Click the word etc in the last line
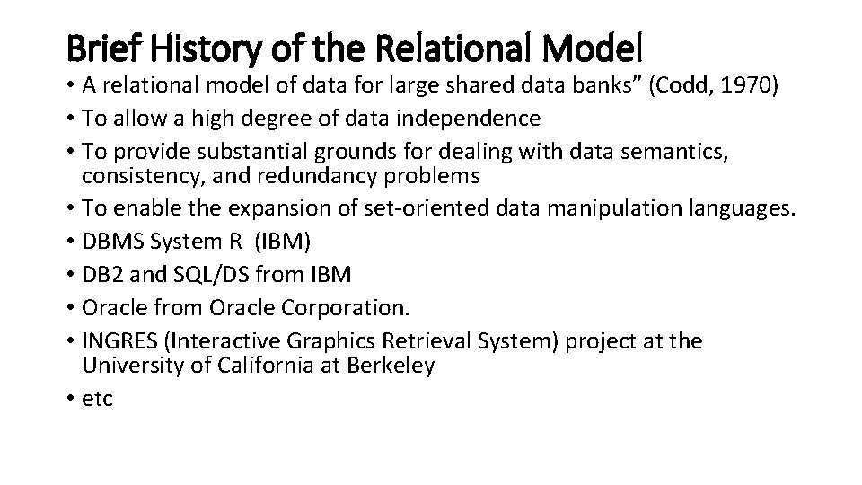97,399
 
